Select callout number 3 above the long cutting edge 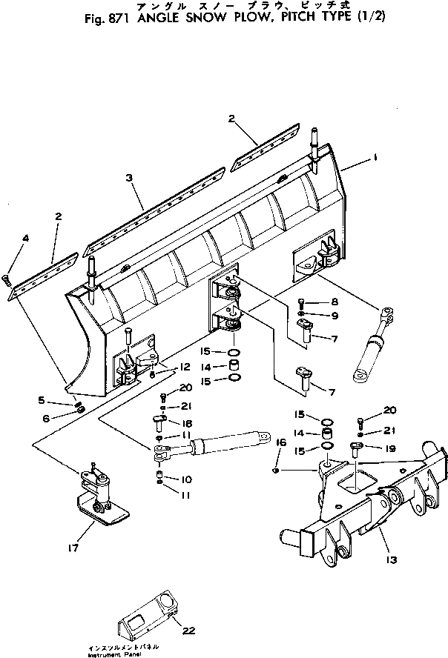pos(129,179)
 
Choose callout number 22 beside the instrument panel pos(190,631)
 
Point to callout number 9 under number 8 pos(335,315)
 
